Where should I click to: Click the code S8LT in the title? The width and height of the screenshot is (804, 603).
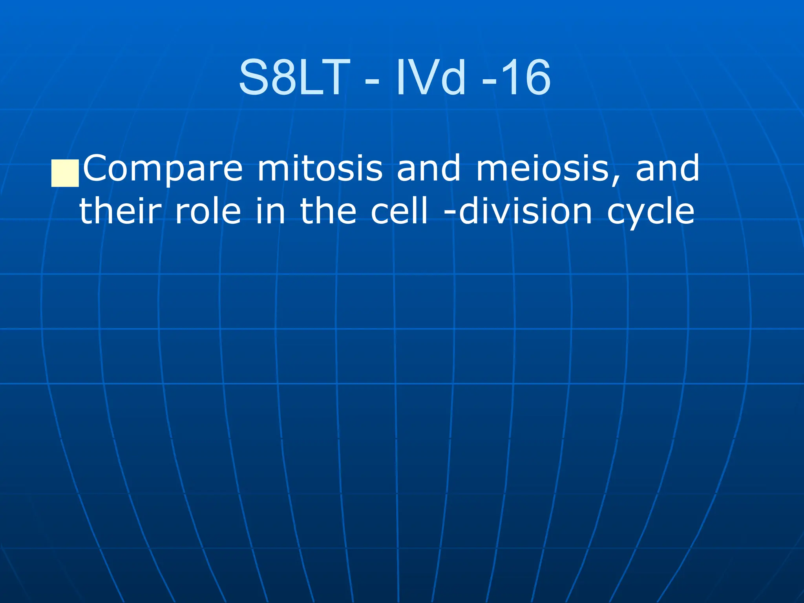tap(294, 77)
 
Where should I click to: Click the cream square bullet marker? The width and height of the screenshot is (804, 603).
tap(65, 173)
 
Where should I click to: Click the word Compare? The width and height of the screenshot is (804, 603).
tap(163, 169)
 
